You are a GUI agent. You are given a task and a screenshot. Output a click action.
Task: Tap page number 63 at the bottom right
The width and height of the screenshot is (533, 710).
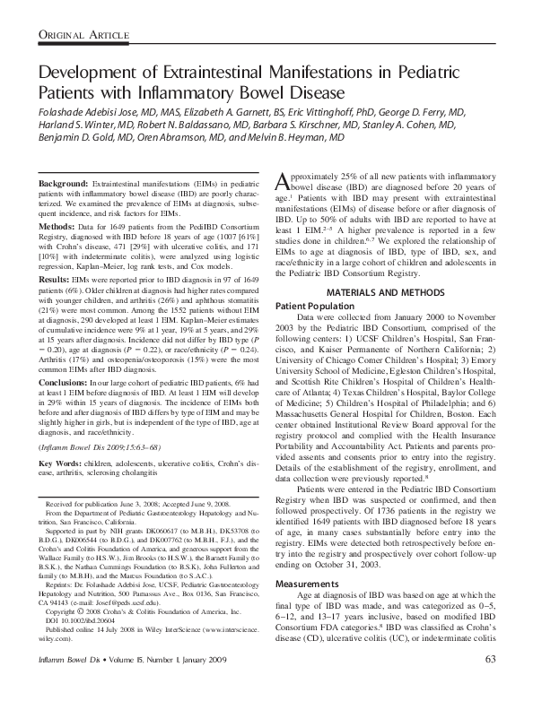point(489,685)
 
